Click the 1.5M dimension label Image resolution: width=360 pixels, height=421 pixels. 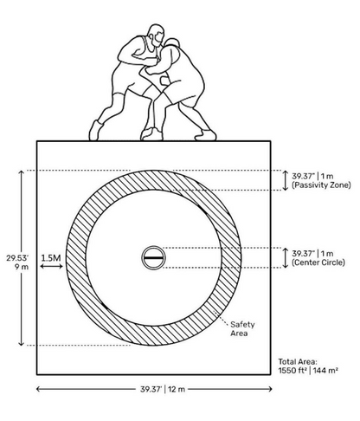(51, 258)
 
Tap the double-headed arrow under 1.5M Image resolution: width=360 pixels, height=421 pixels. (51, 266)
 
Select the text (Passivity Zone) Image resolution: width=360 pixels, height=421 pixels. (321, 185)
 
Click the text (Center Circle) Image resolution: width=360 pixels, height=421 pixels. (318, 262)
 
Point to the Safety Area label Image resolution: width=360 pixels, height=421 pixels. (242, 328)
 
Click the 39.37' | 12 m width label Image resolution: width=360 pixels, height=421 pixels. (163, 389)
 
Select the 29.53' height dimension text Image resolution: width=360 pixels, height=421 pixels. (17, 258)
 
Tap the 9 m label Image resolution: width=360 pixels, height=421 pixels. (22, 267)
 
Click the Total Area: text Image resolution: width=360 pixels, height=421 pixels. (298, 361)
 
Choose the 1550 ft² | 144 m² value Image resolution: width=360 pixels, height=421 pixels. (308, 371)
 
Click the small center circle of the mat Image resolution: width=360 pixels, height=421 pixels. (153, 257)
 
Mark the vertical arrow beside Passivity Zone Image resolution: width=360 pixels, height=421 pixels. (285, 180)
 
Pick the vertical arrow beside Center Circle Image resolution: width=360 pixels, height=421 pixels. (285, 258)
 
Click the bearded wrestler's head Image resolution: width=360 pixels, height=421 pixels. (156, 35)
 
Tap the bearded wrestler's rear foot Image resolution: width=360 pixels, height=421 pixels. (95, 131)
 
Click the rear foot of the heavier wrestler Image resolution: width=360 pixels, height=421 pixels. (205, 135)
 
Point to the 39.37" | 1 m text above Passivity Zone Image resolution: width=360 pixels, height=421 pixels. (312, 176)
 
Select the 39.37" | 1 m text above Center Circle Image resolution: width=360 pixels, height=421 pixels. (312, 254)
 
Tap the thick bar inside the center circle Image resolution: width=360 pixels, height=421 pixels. (153, 257)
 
